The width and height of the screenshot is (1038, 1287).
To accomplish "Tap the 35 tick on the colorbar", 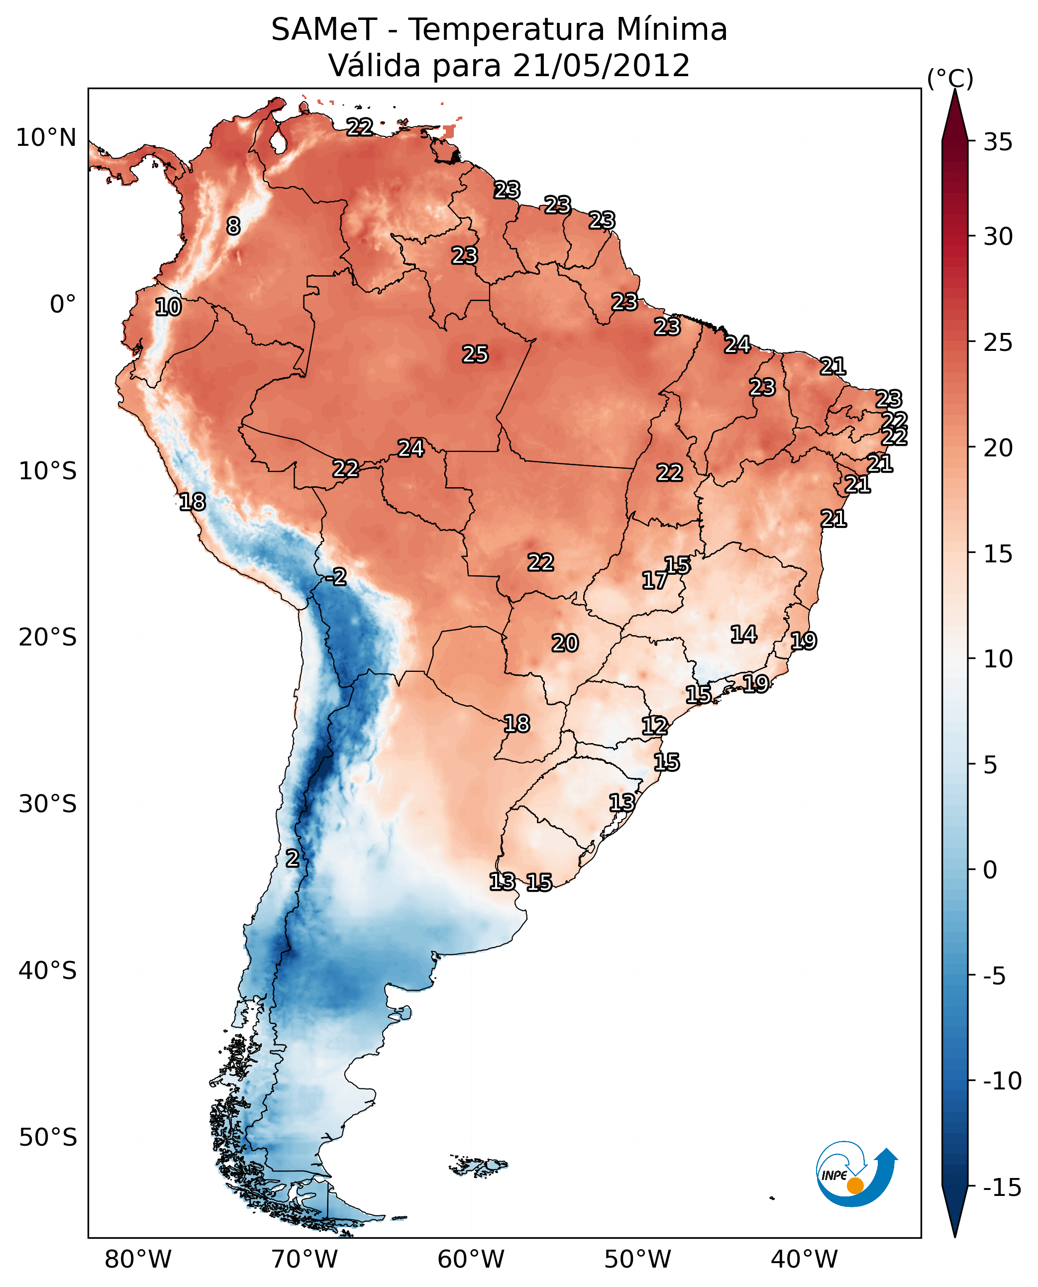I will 998,142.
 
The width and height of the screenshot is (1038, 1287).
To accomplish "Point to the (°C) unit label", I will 950,78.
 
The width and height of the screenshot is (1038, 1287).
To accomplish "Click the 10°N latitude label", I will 46,138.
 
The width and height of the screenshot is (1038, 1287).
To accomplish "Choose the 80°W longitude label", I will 138,1260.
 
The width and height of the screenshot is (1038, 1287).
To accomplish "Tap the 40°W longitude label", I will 804,1260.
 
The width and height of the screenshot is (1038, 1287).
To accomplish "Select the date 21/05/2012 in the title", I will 601,66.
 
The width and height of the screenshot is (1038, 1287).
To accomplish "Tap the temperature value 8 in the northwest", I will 233,226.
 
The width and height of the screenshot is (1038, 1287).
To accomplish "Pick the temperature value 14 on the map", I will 744,635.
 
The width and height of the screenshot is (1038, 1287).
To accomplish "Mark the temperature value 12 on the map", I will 655,726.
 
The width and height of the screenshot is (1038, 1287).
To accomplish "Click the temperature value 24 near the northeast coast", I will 737,344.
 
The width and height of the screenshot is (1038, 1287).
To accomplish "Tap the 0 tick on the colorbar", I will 990,870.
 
